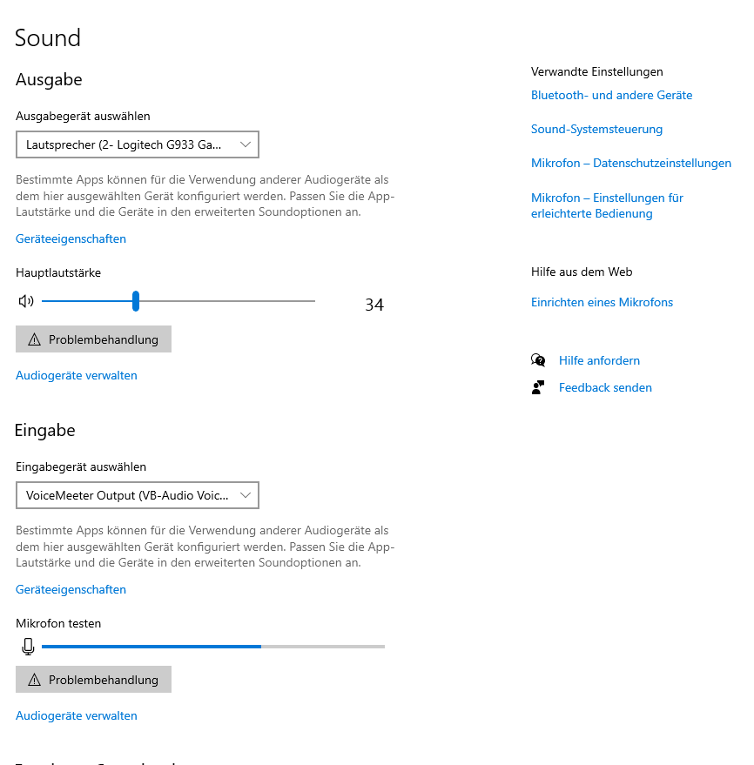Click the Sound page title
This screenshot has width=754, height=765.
[48, 38]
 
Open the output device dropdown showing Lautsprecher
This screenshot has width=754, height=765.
[138, 144]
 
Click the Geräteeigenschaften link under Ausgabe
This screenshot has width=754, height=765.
[71, 239]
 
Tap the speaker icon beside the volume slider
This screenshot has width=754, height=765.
[26, 302]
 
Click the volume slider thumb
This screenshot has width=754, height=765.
[136, 301]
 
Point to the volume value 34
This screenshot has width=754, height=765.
[374, 305]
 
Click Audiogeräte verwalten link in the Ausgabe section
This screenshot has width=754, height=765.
[77, 376]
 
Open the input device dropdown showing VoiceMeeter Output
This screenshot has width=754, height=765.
[138, 495]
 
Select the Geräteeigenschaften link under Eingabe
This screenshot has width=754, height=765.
[71, 590]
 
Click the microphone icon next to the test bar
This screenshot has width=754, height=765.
[28, 647]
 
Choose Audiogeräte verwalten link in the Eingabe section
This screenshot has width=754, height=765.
[77, 716]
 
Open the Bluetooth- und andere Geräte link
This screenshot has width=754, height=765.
[611, 96]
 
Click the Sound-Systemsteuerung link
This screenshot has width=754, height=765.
[596, 130]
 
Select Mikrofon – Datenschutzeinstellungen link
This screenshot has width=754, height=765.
[630, 164]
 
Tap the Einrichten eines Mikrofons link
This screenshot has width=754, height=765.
[602, 303]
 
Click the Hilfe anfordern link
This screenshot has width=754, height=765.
[599, 361]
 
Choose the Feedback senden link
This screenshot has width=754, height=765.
[605, 388]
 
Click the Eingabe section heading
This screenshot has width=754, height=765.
[45, 431]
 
